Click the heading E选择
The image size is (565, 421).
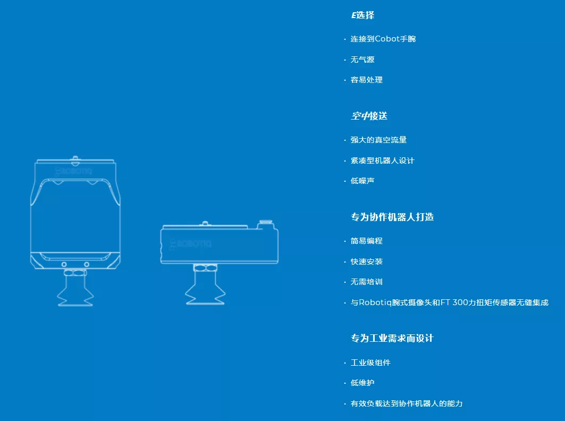tap(363, 15)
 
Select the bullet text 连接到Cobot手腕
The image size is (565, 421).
tap(383, 39)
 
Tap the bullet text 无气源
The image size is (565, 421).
tap(362, 60)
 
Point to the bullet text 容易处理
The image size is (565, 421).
tap(366, 80)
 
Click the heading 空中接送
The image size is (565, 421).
tap(369, 116)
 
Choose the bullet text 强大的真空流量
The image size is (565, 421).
tap(378, 140)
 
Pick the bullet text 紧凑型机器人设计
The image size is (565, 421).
tap(382, 161)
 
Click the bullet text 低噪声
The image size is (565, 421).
tap(362, 181)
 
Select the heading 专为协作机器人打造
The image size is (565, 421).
tap(392, 217)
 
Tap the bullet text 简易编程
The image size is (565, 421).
tap(366, 241)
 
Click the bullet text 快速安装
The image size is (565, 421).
tap(366, 262)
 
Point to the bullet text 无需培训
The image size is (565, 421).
tap(366, 282)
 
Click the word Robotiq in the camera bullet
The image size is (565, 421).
tap(375, 302)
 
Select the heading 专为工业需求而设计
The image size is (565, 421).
tap(392, 338)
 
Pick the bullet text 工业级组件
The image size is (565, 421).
tap(370, 363)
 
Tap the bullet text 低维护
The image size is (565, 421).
tap(362, 383)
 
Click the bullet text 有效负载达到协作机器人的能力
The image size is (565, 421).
tap(407, 403)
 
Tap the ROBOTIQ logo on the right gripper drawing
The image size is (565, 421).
tap(190, 244)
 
